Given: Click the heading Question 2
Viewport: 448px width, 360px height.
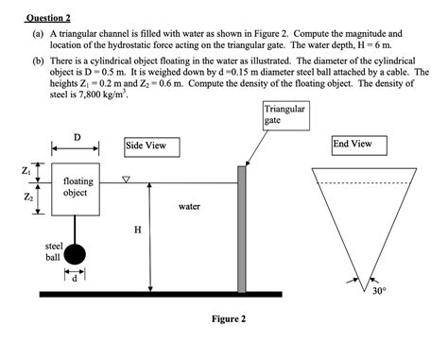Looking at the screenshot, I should click(x=48, y=17).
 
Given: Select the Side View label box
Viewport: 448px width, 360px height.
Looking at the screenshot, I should click(x=146, y=146).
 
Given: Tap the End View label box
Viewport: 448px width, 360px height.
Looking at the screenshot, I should click(x=353, y=145).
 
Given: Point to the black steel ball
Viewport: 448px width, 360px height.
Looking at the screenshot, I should click(x=75, y=254).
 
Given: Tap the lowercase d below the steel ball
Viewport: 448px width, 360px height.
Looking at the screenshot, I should click(x=75, y=278).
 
